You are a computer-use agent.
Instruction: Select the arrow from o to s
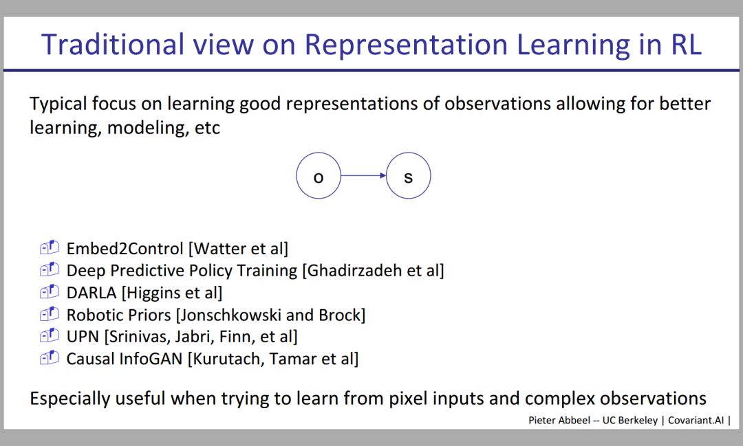(x=363, y=176)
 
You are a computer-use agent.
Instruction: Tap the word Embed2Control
(x=125, y=249)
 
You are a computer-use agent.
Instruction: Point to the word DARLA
(x=91, y=293)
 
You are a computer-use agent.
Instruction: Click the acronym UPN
(x=83, y=337)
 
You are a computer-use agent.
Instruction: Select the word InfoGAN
(x=151, y=359)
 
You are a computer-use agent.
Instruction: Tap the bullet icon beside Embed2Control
(x=50, y=247)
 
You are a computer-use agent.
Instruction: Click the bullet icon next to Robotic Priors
(x=50, y=313)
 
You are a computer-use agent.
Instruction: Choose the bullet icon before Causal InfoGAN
(x=50, y=357)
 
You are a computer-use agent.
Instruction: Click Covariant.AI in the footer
(x=696, y=420)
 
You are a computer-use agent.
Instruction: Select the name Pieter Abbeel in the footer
(x=559, y=420)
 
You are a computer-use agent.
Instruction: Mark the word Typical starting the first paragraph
(x=58, y=104)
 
